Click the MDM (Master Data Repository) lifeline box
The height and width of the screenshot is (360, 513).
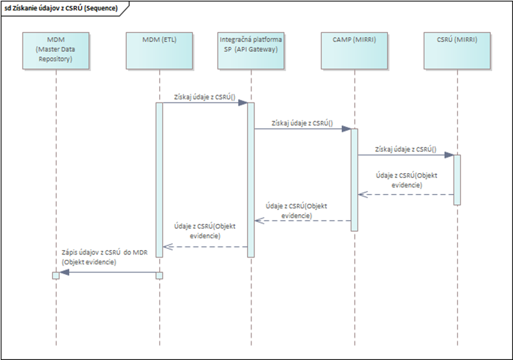56,50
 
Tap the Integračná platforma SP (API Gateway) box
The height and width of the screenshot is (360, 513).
251,50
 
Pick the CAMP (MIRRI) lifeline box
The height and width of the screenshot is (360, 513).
354,50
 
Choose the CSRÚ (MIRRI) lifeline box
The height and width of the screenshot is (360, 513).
457,50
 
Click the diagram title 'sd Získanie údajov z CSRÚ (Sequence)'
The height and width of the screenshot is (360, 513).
61,8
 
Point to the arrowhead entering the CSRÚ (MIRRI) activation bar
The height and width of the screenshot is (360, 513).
449,155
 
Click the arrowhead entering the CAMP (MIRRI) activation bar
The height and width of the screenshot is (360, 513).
346,129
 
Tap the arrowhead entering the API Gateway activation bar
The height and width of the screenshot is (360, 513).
243,103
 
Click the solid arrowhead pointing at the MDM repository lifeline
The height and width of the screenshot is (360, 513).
64,273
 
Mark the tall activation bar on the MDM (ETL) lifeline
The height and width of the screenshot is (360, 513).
159,179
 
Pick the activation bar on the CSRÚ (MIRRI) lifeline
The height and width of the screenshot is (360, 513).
457,179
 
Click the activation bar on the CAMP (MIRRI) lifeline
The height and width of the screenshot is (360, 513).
354,179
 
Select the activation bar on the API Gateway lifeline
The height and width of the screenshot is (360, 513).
251,179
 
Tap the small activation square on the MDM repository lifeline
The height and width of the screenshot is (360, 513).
56,275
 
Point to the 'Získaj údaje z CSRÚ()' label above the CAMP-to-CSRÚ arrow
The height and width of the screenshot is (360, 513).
406,149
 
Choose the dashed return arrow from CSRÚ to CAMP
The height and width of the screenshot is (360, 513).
405,194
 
